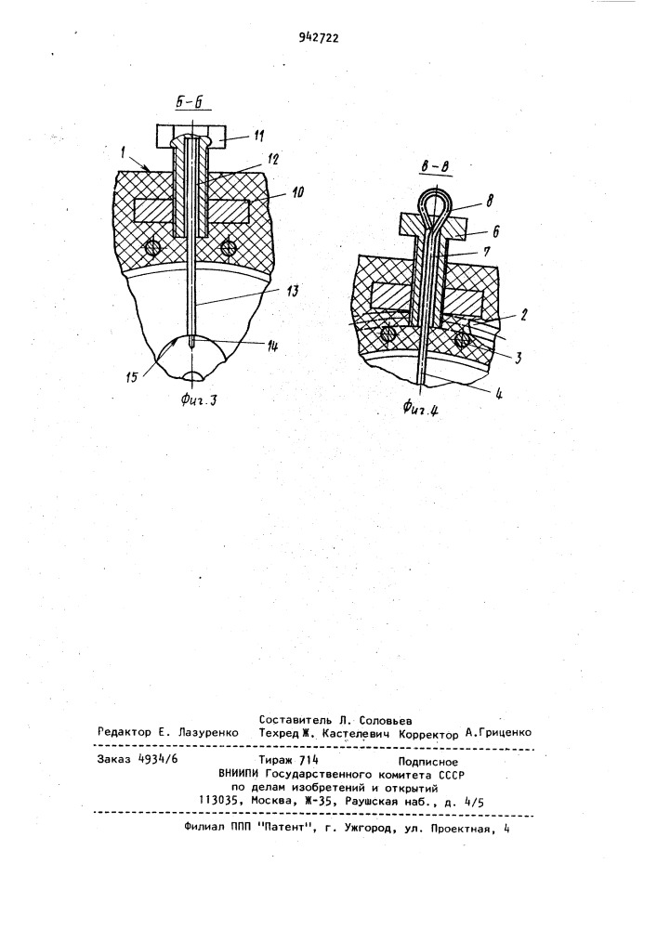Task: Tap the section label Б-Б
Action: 190,102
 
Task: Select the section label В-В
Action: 436,168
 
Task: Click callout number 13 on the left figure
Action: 292,291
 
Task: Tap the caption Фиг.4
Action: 420,407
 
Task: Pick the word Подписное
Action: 427,763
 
